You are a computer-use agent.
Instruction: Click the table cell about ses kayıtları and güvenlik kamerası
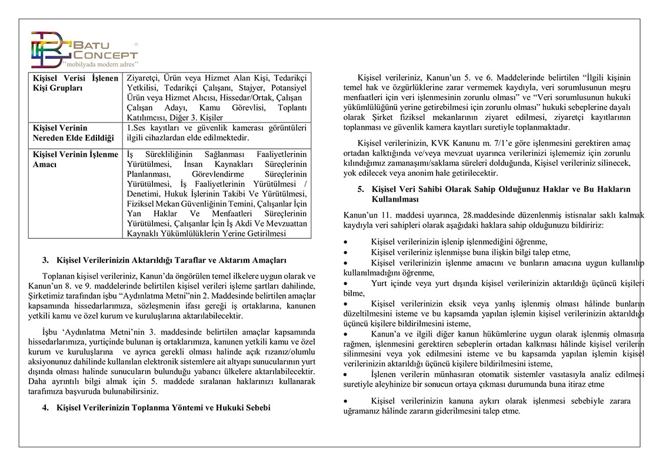pos(216,133)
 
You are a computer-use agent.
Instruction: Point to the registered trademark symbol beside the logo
pos(137,44)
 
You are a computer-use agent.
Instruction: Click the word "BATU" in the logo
pos(93,45)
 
